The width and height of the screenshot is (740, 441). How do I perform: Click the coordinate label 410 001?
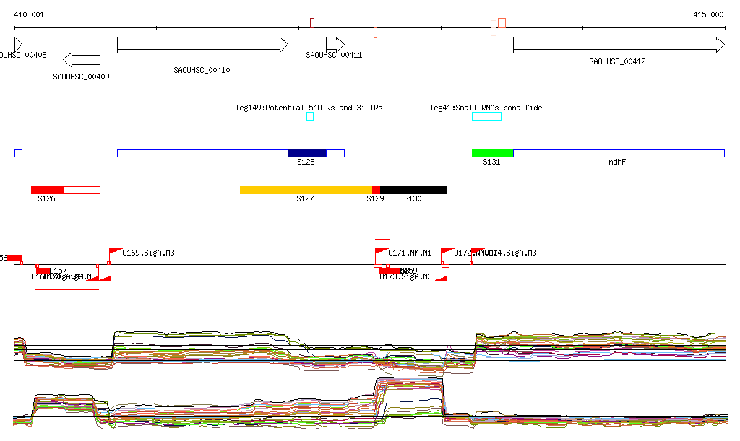tap(29, 14)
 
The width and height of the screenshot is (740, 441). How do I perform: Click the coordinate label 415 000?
tap(708, 14)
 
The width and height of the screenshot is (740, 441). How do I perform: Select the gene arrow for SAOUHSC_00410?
tap(202, 45)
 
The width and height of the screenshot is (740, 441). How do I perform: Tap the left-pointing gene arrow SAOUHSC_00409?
tap(81, 59)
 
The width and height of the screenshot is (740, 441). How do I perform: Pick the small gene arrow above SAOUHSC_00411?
tap(335, 45)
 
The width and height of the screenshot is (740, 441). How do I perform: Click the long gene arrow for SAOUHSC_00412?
tap(618, 45)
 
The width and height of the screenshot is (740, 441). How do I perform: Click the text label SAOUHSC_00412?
tap(617, 62)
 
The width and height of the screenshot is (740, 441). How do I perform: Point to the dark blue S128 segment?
tap(307, 153)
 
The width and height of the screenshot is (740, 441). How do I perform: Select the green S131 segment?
tap(492, 153)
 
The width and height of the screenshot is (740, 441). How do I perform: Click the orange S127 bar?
tap(306, 190)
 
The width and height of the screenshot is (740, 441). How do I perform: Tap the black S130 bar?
tap(413, 190)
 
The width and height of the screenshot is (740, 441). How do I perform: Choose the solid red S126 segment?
tap(47, 190)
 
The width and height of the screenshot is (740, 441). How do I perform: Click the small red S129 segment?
tap(376, 190)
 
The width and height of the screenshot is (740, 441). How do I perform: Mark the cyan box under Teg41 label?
tap(486, 116)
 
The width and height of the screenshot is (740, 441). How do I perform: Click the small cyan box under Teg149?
tap(310, 116)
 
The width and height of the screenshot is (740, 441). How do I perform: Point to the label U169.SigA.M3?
tap(148, 253)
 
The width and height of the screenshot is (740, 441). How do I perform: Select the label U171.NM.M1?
tap(410, 253)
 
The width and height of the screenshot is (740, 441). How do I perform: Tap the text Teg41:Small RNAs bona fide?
tap(486, 108)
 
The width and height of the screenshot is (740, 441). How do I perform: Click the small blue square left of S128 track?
tap(18, 153)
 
